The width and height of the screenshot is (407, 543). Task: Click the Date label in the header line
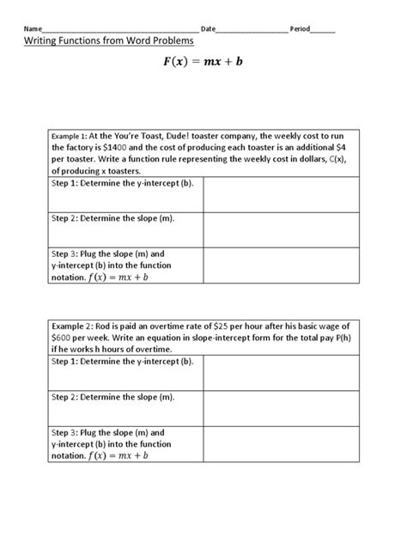209,29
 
